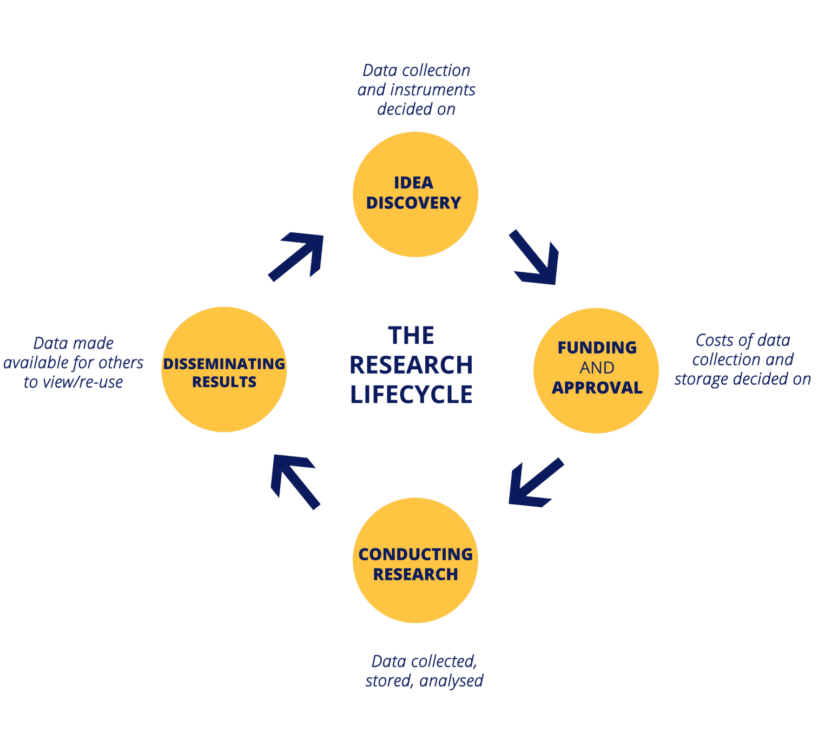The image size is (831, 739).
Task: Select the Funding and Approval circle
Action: (596, 325)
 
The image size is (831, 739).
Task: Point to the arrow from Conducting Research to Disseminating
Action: (295, 482)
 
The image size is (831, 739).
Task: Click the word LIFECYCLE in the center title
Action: (411, 395)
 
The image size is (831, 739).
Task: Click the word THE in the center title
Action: (411, 336)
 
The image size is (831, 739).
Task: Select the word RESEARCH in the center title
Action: (411, 365)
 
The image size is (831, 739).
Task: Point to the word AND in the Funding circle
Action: (597, 368)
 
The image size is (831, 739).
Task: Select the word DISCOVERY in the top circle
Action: (414, 203)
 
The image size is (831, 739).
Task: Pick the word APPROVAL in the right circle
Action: (597, 388)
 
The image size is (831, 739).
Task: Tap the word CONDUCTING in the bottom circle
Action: (415, 554)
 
